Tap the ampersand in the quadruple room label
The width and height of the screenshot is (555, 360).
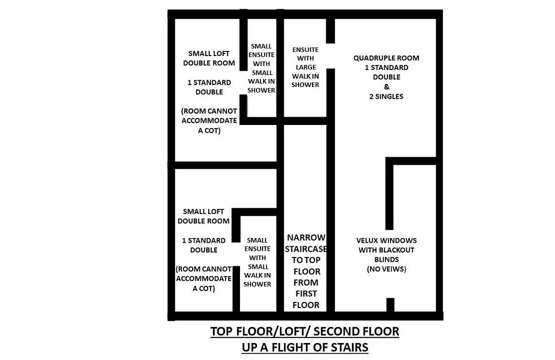pos(386,86)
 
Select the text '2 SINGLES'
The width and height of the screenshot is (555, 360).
pos(386,96)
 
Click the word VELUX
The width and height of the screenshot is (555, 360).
pos(367,241)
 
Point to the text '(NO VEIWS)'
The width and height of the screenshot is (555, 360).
pos(386,269)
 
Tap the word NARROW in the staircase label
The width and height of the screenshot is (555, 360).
pos(306,238)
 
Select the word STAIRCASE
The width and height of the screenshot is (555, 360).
pos(306,249)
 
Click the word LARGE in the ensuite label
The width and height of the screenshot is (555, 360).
pos(306,67)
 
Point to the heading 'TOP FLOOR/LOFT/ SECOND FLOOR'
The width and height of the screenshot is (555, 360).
pos(305,331)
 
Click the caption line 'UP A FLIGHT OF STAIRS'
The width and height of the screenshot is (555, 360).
pos(305,347)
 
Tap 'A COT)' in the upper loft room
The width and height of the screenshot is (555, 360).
pos(209,131)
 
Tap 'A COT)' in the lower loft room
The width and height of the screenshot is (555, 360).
pos(203,289)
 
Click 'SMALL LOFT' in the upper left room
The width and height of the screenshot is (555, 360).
pos(209,53)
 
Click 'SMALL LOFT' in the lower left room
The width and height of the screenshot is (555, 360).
pos(203,211)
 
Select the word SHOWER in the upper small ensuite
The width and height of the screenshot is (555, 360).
pos(261,91)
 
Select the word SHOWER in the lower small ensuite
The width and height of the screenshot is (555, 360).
pos(257,284)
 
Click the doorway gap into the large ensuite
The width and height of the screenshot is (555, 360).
pos(330,56)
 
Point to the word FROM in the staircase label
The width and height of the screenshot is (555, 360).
pos(306,283)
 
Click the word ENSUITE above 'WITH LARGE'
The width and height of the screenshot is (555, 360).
pos(305,50)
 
